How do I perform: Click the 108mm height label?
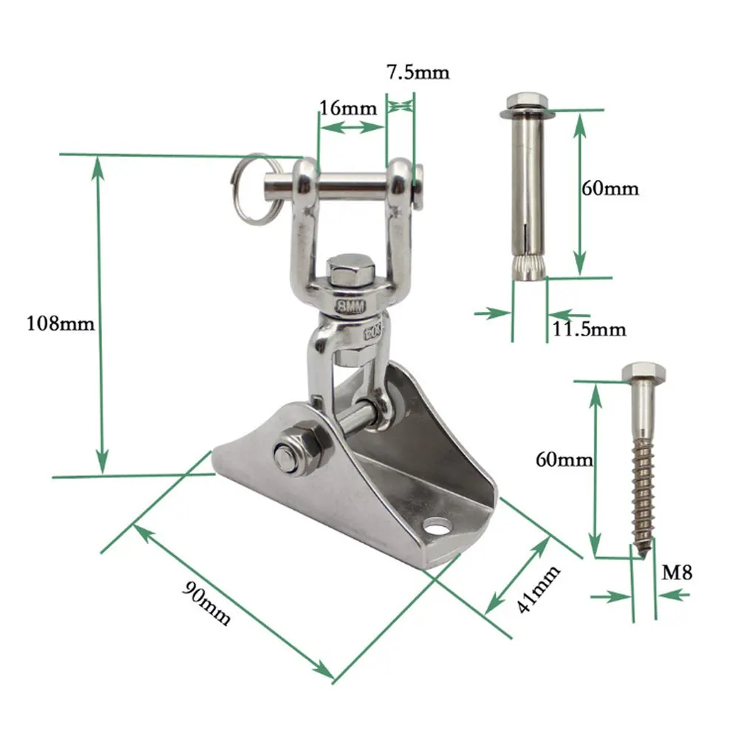pyautogui.click(x=61, y=324)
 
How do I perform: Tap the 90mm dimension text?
pyautogui.click(x=206, y=603)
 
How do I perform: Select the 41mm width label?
pyautogui.click(x=538, y=589)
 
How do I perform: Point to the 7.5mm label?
pyautogui.click(x=418, y=72)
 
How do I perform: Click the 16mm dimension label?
pyautogui.click(x=348, y=108)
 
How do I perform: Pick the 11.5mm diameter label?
pyautogui.click(x=589, y=329)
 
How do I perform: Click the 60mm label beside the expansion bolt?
pyautogui.click(x=610, y=188)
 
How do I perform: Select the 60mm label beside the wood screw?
pyautogui.click(x=564, y=459)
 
